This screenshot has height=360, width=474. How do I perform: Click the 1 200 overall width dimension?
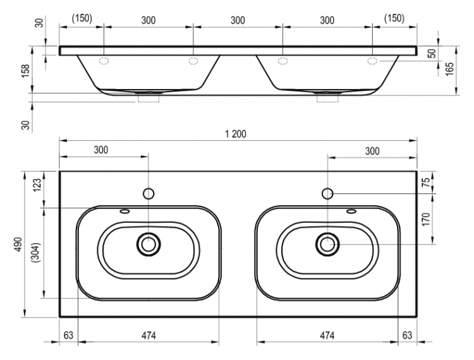pos(236,134)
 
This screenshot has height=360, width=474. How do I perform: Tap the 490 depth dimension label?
pos(18,244)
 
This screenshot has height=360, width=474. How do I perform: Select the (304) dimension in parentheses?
pos(36,253)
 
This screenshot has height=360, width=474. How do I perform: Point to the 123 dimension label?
pos(37,185)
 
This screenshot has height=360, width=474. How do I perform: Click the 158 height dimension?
pos(26,71)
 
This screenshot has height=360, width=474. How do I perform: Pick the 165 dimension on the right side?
pos(450,69)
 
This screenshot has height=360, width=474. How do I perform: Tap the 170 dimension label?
pos(425,219)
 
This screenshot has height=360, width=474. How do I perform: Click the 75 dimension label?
pos(425,182)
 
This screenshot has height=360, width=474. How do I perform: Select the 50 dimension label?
pos(432,54)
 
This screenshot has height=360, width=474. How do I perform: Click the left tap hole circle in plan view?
pos(149,194)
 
